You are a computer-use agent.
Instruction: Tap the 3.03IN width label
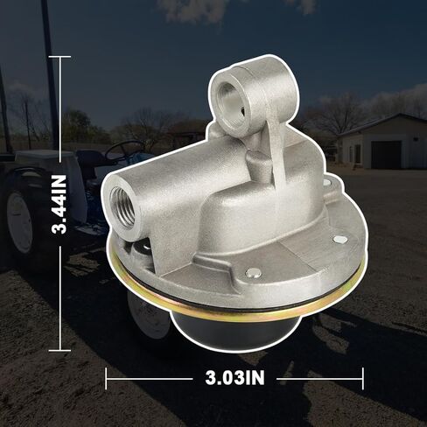point(234,379)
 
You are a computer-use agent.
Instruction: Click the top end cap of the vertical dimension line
point(60,57)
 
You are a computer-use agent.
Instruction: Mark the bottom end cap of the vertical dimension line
point(60,348)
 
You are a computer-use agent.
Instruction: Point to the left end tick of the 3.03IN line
point(106,379)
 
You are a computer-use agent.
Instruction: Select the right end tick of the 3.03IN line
point(362,379)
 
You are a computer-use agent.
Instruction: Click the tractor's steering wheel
point(124,148)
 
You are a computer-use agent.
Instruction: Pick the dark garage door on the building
point(386,154)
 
